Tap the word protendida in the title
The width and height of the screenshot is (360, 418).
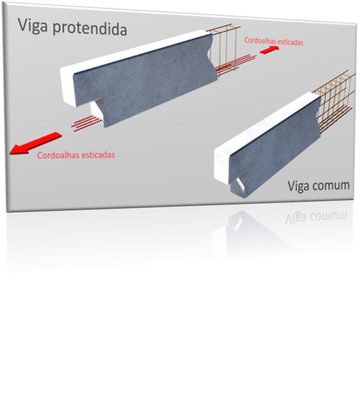click(x=90, y=29)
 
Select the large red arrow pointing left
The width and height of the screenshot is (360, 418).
click(x=35, y=143)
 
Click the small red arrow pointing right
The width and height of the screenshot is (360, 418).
click(x=269, y=50)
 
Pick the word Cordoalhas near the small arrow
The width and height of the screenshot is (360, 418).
click(x=260, y=41)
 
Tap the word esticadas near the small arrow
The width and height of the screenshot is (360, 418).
click(x=290, y=42)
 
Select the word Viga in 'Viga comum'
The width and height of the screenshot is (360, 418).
click(x=298, y=186)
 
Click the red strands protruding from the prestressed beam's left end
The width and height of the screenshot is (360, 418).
click(x=87, y=123)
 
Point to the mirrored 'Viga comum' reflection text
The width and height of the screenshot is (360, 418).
click(x=316, y=217)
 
